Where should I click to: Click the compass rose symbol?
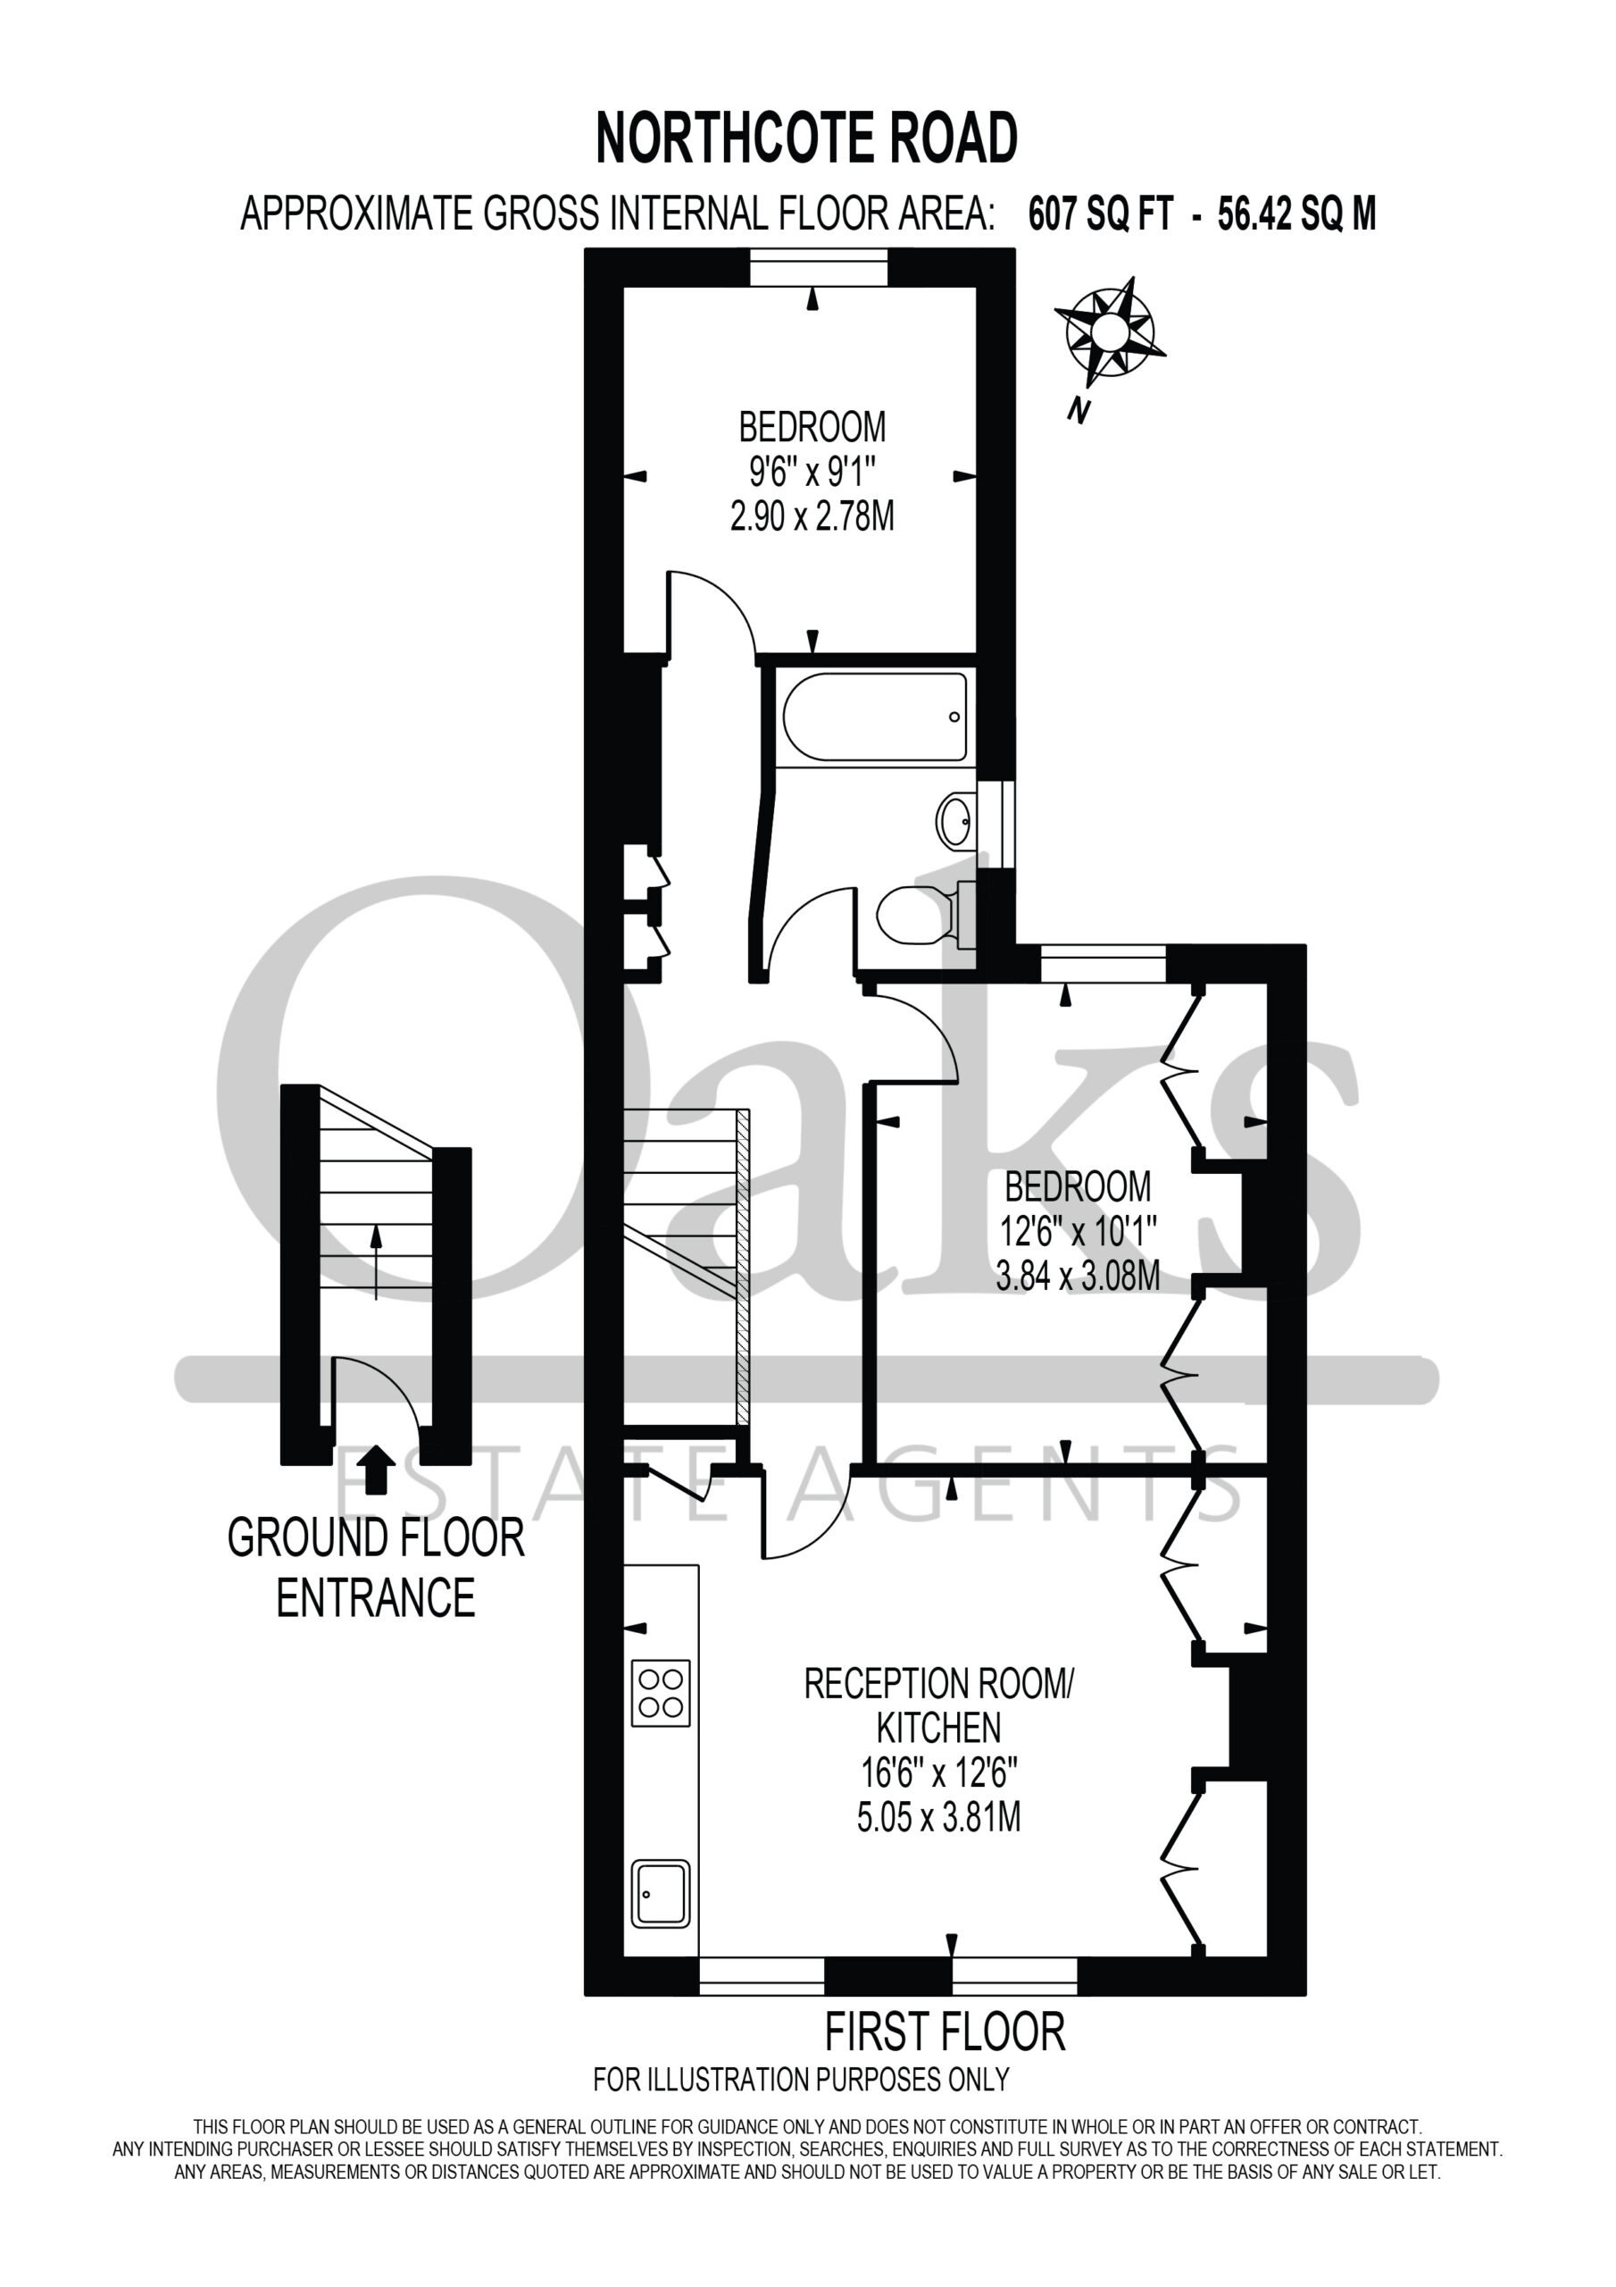pyautogui.click(x=1109, y=331)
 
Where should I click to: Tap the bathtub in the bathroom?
pyautogui.click(x=874, y=717)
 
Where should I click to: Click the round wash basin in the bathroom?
pyautogui.click(x=957, y=821)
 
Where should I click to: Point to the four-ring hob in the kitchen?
pyautogui.click(x=660, y=1692)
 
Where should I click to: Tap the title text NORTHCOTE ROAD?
pyautogui.click(x=806, y=138)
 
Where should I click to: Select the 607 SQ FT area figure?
pyautogui.click(x=1101, y=214)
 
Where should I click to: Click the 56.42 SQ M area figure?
pyautogui.click(x=1297, y=214)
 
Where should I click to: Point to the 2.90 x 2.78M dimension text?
pyautogui.click(x=812, y=517)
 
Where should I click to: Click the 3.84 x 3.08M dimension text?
pyautogui.click(x=1079, y=1276)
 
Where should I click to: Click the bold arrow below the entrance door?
pyautogui.click(x=375, y=1470)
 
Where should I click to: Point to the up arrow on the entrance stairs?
pyautogui.click(x=375, y=1263)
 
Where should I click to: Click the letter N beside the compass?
pyautogui.click(x=1078, y=410)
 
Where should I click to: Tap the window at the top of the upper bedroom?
pyautogui.click(x=818, y=268)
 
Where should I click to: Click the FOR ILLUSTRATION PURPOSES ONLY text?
pyautogui.click(x=802, y=2080)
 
